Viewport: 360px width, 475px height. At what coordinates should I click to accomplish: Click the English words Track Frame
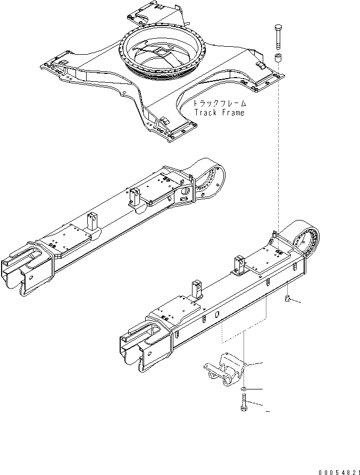[219, 113]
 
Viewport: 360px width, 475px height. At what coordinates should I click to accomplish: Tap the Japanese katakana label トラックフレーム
[219, 104]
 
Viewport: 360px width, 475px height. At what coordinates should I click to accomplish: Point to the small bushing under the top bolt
[278, 57]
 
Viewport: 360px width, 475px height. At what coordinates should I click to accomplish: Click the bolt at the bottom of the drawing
[243, 410]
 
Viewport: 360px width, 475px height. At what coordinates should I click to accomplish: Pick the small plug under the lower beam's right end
[288, 301]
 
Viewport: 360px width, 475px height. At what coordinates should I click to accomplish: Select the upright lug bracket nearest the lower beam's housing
[239, 264]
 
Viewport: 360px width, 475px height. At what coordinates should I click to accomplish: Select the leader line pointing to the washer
[255, 390]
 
